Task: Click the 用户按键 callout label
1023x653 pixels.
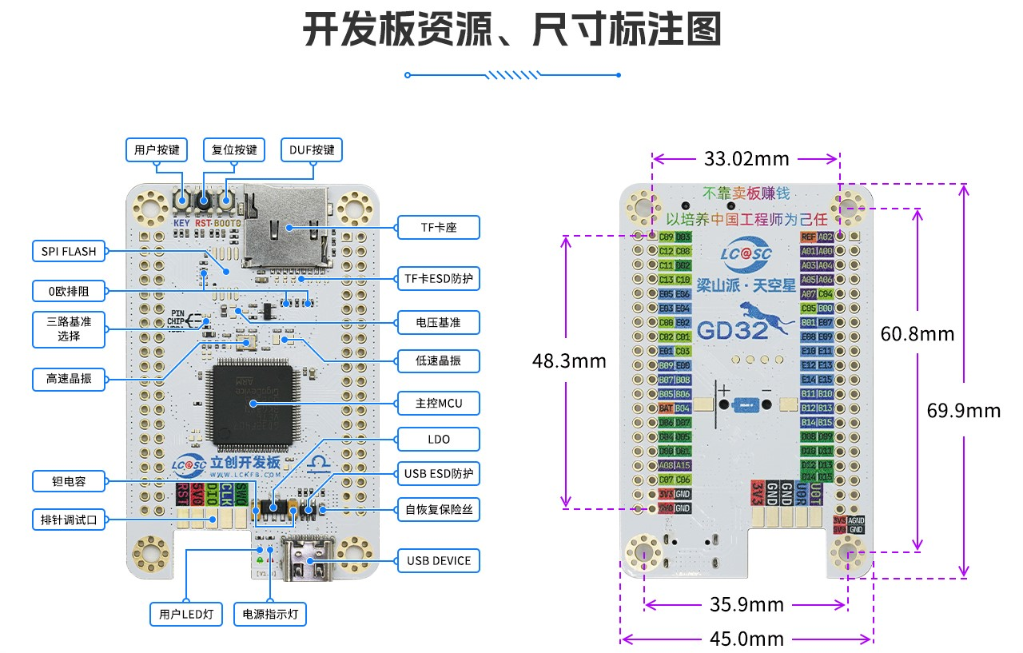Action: [x=157, y=150]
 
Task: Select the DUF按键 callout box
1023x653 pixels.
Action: [x=312, y=150]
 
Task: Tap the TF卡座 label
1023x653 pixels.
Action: [x=438, y=228]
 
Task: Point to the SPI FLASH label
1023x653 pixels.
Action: [x=69, y=252]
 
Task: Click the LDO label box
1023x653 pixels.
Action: [x=438, y=440]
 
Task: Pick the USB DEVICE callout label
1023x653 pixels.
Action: [x=438, y=561]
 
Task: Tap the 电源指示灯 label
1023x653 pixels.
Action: [x=270, y=615]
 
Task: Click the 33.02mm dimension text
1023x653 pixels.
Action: [x=746, y=158]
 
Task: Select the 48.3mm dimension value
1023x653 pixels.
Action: [x=569, y=361]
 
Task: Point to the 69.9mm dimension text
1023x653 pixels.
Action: [x=963, y=411]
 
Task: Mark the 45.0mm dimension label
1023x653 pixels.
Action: [x=746, y=639]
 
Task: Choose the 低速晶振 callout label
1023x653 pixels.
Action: [x=438, y=360]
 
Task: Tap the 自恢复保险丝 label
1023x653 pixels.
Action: [x=438, y=508]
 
